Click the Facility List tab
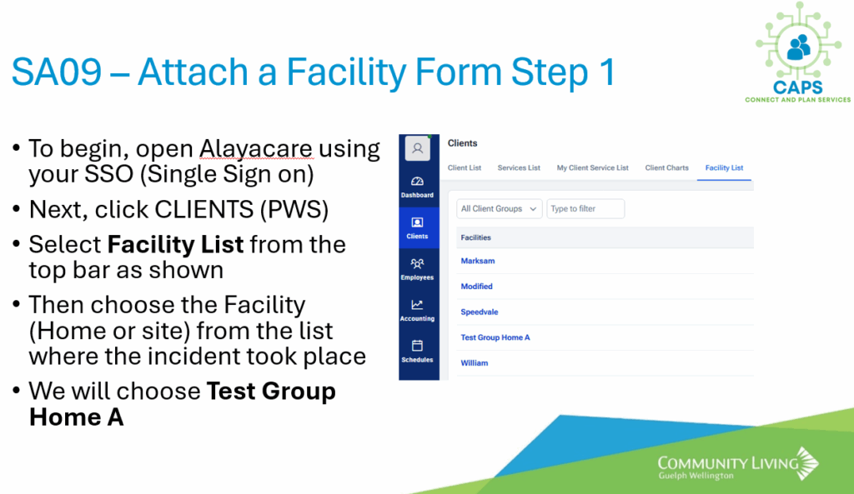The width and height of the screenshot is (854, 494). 724,168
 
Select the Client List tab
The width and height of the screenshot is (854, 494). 465,168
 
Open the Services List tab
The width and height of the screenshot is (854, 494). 519,168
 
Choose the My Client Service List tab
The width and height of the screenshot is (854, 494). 593,168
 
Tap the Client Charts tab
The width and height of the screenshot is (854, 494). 666,168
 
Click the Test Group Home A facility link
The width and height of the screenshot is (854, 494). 495,337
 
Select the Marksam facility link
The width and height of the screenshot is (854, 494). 478,261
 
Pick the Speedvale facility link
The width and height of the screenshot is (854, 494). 480,312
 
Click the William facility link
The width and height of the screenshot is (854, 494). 475,363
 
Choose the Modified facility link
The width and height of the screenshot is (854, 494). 476,287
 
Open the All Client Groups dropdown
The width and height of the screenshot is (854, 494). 499,209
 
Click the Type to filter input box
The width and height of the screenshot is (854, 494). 585,209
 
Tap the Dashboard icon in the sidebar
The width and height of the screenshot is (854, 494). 417,182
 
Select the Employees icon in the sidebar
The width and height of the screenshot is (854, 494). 417,264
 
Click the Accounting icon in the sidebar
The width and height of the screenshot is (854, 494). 417,305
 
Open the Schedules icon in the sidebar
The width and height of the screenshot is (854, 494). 417,346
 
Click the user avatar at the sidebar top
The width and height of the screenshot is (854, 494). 418,148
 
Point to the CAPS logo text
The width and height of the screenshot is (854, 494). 798,87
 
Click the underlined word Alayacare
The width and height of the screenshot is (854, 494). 256,149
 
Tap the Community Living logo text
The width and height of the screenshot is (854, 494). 728,463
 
